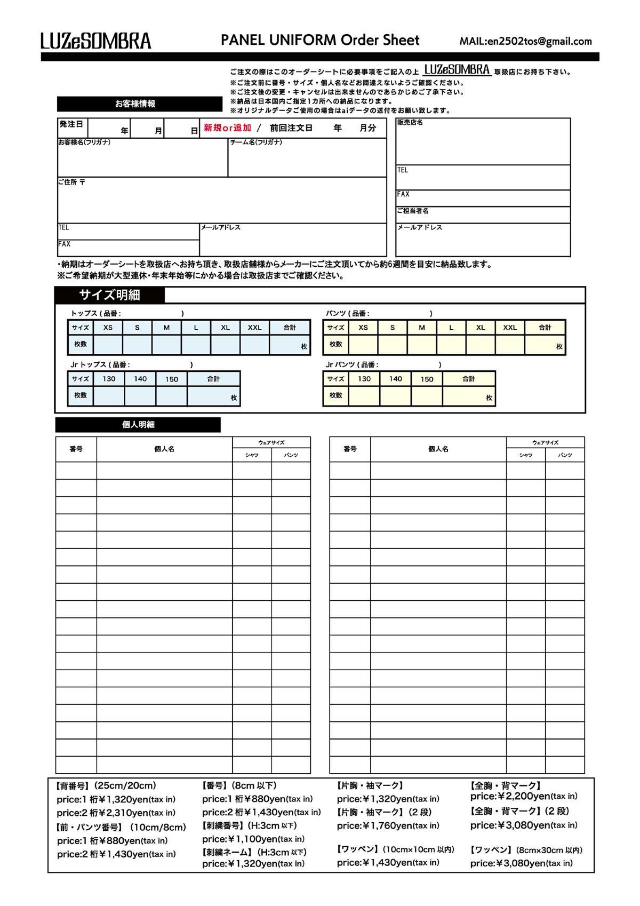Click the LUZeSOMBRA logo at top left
click(x=96, y=41)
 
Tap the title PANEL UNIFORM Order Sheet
click(x=320, y=40)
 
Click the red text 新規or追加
click(x=228, y=128)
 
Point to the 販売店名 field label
click(x=410, y=123)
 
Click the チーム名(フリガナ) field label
click(x=256, y=142)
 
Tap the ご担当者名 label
click(x=412, y=211)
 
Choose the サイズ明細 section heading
click(x=110, y=295)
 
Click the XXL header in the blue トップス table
click(x=254, y=328)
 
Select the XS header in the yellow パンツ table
click(x=363, y=328)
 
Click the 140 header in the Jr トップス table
click(x=140, y=379)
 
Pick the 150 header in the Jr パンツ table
click(x=427, y=379)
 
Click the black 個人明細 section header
click(x=138, y=425)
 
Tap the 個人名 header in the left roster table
click(x=164, y=449)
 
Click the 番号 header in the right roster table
click(x=350, y=449)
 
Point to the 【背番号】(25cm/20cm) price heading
click(x=106, y=786)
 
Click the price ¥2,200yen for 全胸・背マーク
click(x=524, y=797)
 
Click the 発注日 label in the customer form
click(x=71, y=124)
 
